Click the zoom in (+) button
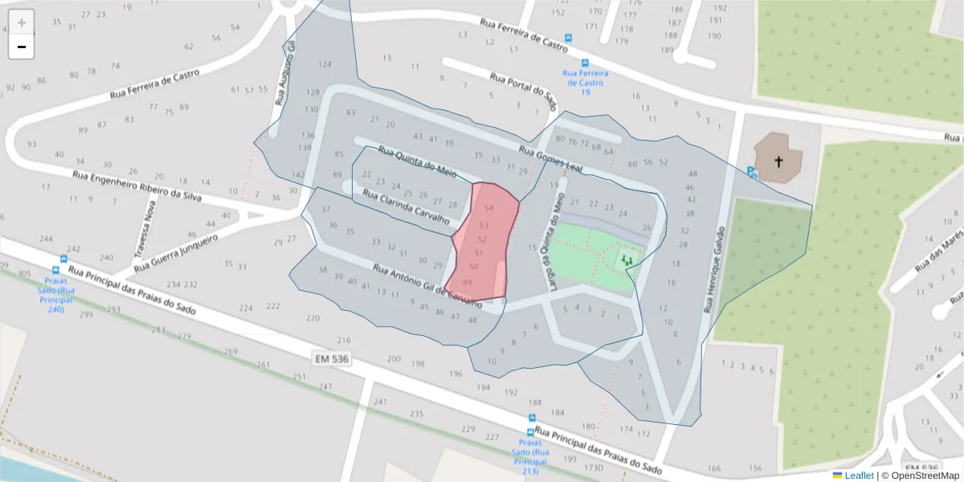[x=22, y=22]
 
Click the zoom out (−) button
[x=22, y=47]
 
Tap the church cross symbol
[x=778, y=161]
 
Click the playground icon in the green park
[x=627, y=259]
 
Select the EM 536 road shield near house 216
[x=330, y=359]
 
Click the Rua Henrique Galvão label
[x=714, y=269]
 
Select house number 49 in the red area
[x=468, y=282]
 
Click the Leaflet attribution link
[x=859, y=475]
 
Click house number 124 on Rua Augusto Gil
[x=325, y=64]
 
